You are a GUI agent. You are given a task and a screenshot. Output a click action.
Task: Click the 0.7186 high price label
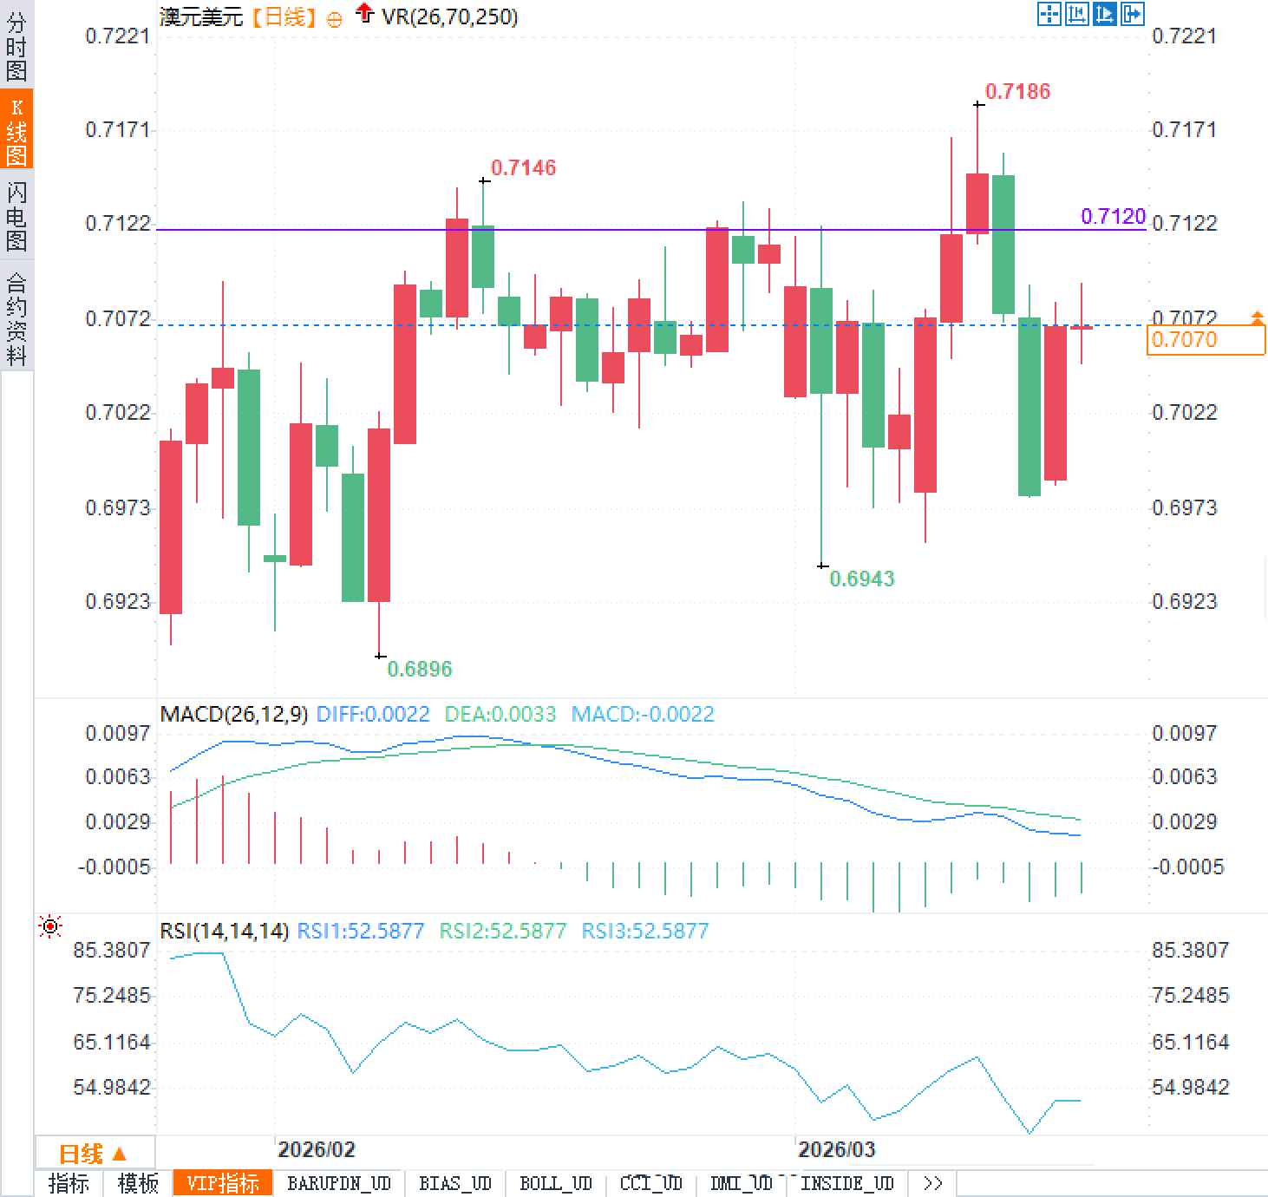pos(1017,91)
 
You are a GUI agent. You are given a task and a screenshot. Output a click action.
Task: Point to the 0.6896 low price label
pos(419,669)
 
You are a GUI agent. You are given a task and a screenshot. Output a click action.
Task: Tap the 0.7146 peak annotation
pos(523,167)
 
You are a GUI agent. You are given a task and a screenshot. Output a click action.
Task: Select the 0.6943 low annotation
pos(861,579)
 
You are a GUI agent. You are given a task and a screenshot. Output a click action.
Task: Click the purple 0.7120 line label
pos(1113,216)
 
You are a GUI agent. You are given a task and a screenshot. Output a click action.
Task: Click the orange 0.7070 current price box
pos(1205,339)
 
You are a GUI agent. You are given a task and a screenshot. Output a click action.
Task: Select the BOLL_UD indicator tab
pos(555,1183)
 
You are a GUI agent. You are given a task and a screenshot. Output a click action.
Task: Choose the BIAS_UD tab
pos(455,1183)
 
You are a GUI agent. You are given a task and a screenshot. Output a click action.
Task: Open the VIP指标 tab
pos(223,1183)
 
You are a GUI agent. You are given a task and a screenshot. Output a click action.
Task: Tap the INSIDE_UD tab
pos(846,1183)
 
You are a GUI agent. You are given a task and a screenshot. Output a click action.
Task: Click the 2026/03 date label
pos(836,1149)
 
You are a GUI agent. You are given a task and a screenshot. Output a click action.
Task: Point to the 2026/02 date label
pos(316,1149)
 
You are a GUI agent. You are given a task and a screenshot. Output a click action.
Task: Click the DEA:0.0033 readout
pos(500,714)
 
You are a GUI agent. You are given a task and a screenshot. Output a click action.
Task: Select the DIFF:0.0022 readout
pos(373,714)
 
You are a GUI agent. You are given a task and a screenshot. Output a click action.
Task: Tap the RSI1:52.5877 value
pos(360,931)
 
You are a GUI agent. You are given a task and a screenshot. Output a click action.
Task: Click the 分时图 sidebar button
pos(16,46)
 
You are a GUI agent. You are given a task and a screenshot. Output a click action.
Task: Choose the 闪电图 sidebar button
pos(16,216)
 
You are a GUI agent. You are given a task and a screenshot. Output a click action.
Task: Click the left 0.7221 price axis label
pos(117,36)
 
